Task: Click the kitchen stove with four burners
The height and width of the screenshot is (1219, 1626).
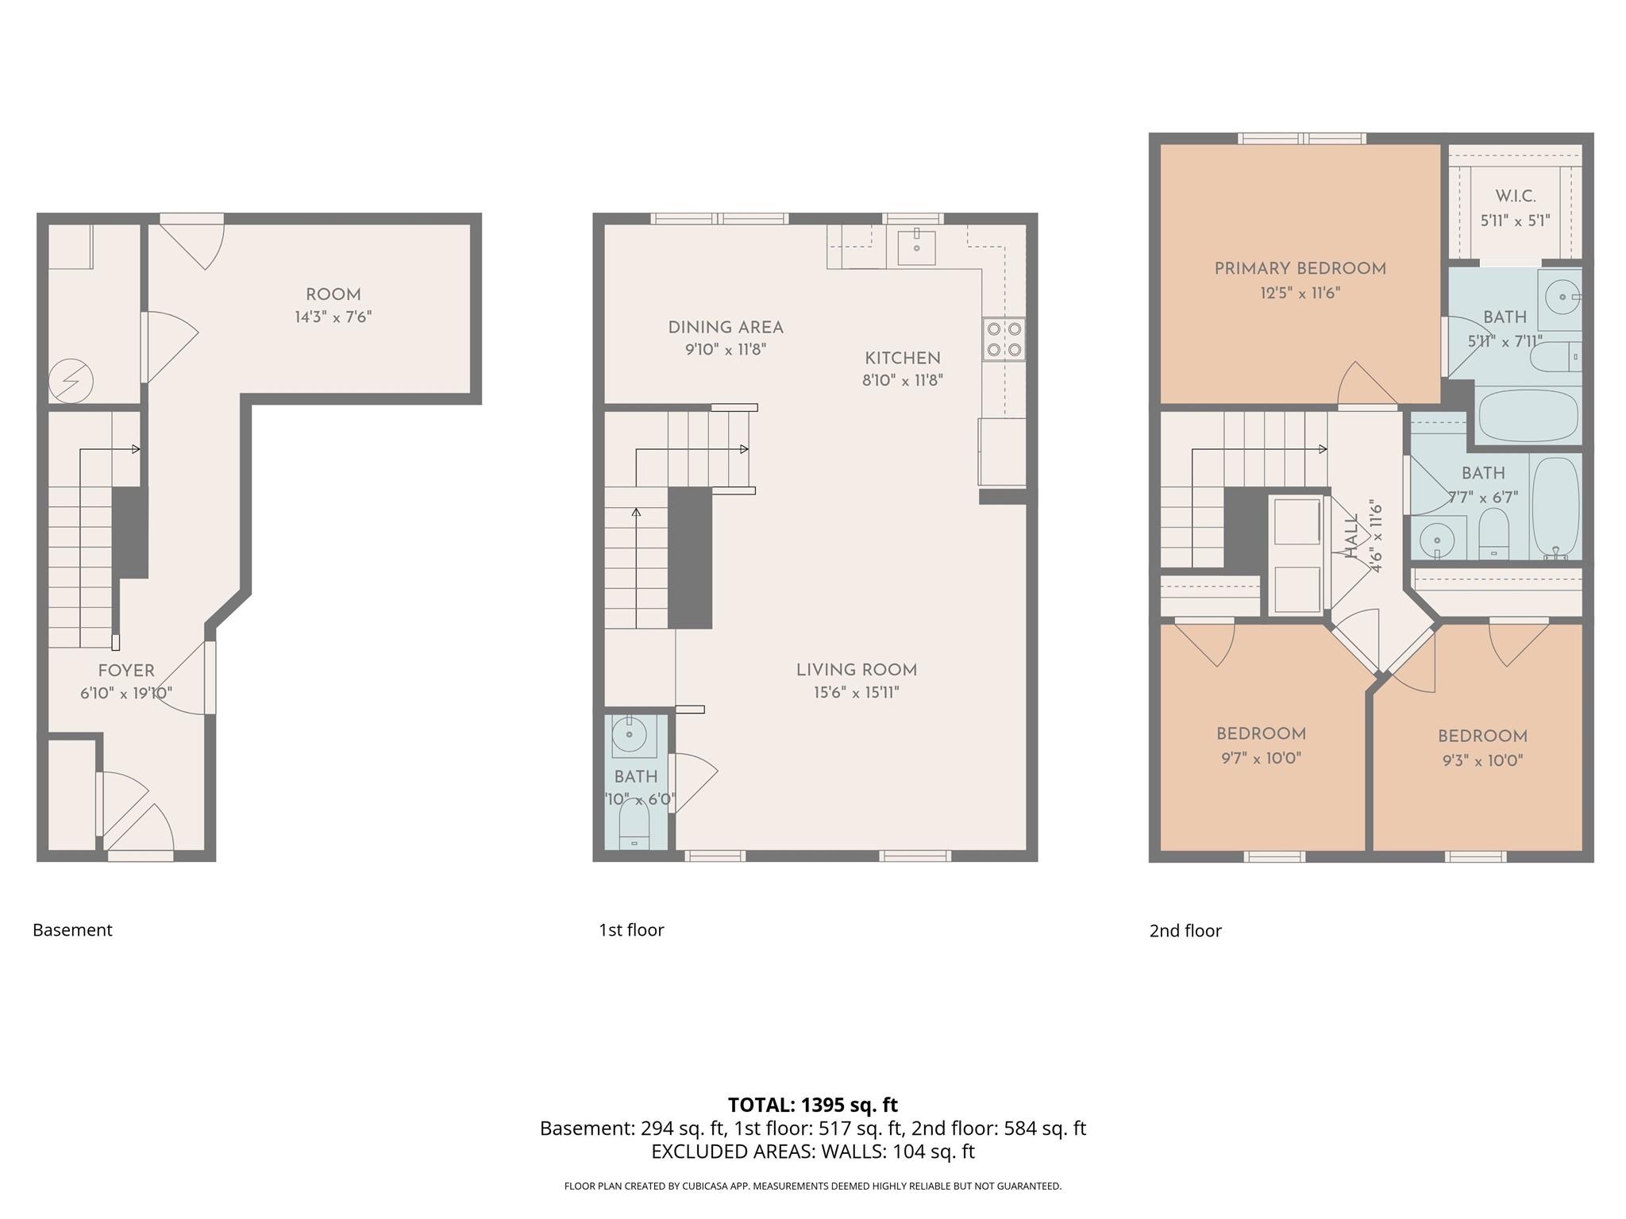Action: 1004,339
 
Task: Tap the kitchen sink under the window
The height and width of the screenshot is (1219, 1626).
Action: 916,246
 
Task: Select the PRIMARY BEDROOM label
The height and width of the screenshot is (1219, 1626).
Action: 1300,269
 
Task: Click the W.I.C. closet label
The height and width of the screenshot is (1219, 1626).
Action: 1515,196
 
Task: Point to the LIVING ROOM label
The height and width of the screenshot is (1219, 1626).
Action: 856,671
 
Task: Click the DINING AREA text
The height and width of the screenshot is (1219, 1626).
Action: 725,328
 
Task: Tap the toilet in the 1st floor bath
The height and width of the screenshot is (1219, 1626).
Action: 634,825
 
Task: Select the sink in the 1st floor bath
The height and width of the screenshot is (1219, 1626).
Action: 630,735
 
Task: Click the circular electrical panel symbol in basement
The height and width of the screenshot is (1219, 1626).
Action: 71,383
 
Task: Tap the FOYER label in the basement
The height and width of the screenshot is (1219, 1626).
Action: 125,671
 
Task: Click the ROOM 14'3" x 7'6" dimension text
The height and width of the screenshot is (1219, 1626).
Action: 333,317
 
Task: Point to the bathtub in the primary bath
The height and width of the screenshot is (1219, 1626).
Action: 1528,414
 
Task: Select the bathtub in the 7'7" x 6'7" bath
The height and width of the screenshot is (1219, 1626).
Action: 1555,508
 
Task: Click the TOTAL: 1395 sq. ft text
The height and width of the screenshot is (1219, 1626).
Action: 812,1105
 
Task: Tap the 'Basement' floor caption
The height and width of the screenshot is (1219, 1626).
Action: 72,930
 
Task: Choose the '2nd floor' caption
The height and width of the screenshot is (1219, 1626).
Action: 1185,931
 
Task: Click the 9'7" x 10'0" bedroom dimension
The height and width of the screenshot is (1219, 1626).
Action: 1261,759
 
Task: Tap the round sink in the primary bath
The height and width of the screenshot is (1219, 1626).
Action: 1562,298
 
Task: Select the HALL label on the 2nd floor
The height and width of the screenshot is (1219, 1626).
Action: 1352,536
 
